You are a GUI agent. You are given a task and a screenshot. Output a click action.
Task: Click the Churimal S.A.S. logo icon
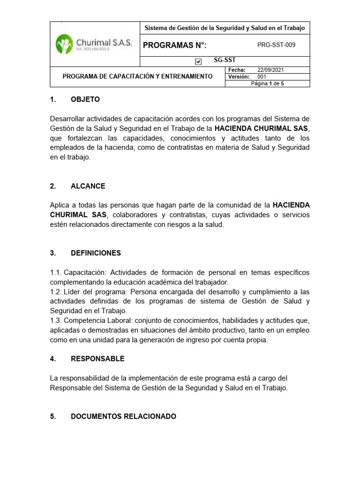(65, 45)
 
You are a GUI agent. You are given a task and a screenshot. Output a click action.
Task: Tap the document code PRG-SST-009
(277, 45)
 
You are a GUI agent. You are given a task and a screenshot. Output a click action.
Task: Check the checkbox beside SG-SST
(198, 61)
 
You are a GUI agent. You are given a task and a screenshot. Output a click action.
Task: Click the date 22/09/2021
(270, 70)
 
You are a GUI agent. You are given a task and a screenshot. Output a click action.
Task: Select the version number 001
(262, 76)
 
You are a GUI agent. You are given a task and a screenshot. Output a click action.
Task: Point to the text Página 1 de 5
(268, 83)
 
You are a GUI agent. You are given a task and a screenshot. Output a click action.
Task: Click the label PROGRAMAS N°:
(174, 45)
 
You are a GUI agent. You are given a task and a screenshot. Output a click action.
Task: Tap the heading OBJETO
(85, 99)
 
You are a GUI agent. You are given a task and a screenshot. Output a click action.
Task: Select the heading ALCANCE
(88, 186)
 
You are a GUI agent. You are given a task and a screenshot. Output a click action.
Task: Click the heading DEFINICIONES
(96, 253)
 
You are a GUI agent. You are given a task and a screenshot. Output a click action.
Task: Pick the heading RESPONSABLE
(97, 359)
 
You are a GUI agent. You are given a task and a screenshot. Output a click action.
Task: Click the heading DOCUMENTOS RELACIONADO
(123, 416)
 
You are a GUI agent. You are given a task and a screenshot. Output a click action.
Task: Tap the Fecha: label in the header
(237, 70)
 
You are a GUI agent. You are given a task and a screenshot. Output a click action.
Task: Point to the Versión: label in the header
(238, 76)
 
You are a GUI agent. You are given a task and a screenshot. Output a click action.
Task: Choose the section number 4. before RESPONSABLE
(52, 359)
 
